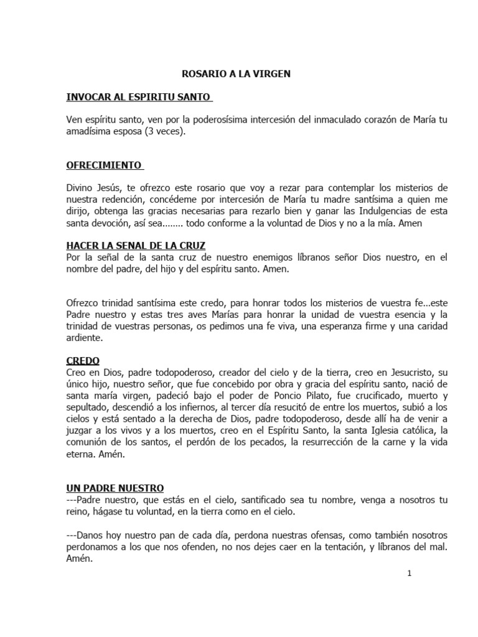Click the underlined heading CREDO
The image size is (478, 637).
coord(83,361)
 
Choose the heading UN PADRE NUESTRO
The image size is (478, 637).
coord(115,488)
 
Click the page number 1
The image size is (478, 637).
coord(410,574)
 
